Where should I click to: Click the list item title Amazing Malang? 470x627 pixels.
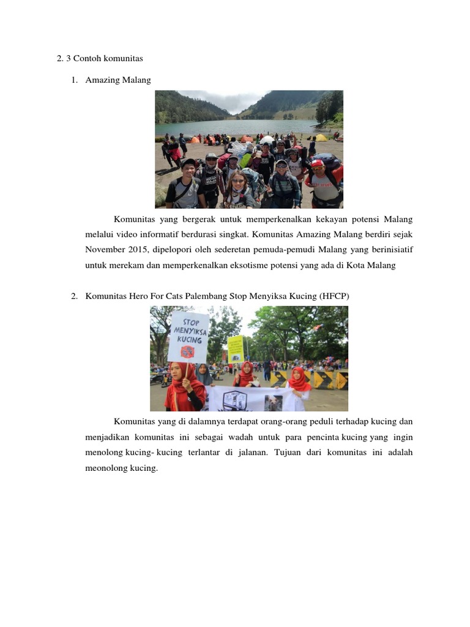click(118, 80)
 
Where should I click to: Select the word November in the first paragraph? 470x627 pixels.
click(103, 250)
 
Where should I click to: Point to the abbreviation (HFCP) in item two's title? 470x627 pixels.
click(334, 296)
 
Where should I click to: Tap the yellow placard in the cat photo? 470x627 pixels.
click(236, 348)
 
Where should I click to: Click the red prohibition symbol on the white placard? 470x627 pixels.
click(187, 351)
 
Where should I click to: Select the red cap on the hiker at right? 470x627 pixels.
click(317, 163)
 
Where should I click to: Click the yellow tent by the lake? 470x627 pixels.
click(321, 138)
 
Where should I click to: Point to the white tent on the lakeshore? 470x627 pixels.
click(267, 140)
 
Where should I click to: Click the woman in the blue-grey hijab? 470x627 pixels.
click(203, 375)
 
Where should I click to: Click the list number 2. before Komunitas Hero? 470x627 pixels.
click(74, 296)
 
